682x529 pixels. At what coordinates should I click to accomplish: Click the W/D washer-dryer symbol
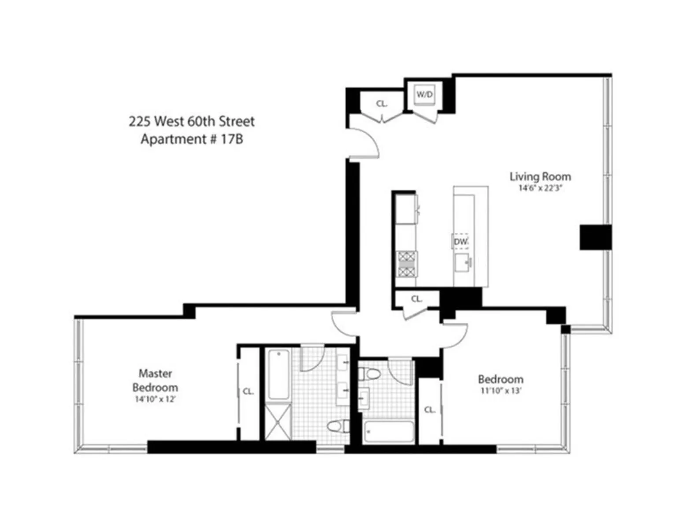[425, 94]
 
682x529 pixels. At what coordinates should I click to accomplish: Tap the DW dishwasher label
[460, 242]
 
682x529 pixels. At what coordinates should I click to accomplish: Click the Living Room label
[540, 176]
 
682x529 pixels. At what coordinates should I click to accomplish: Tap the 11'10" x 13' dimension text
[501, 391]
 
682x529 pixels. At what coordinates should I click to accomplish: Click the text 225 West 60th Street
[192, 121]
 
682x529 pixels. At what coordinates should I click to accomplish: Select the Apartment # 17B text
[192, 139]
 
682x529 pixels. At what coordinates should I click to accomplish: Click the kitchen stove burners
[407, 264]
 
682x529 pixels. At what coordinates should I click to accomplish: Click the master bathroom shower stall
[278, 422]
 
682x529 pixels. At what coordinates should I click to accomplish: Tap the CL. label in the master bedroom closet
[248, 391]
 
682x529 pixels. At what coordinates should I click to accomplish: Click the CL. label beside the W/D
[382, 104]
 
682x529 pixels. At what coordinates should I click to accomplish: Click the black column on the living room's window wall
[595, 237]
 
